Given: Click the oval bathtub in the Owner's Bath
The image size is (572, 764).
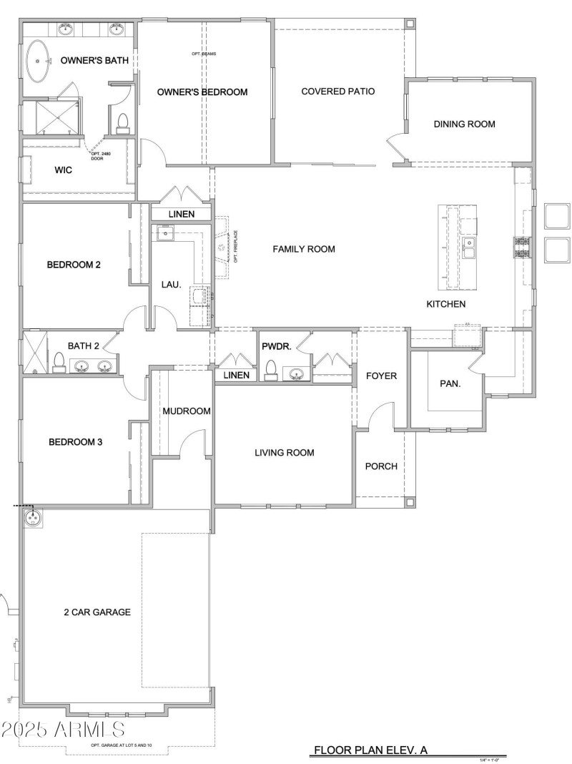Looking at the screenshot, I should (x=38, y=62).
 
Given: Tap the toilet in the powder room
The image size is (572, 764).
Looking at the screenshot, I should (x=271, y=369).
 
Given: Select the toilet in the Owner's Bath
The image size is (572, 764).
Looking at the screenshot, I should (x=122, y=122).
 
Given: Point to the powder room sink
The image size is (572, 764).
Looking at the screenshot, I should (x=295, y=373).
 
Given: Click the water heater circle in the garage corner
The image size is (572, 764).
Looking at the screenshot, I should (x=32, y=518).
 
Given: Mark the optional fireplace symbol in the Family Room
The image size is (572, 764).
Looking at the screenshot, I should (x=222, y=247).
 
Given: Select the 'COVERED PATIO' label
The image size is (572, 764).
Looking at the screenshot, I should (x=337, y=92).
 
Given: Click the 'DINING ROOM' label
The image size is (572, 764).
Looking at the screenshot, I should (x=464, y=124).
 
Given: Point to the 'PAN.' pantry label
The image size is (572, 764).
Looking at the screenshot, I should (x=449, y=383).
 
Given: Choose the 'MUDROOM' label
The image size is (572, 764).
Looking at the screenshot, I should (x=186, y=411).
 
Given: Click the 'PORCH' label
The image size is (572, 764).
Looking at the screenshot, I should (x=380, y=466).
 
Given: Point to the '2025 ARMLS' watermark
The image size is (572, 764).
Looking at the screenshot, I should (x=63, y=730).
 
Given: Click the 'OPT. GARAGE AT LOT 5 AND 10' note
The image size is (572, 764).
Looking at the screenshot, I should (x=121, y=746).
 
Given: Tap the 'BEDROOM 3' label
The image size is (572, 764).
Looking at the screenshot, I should (x=76, y=442).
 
